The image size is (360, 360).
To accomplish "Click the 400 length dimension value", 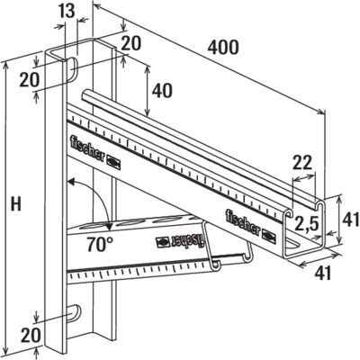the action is point(223,48).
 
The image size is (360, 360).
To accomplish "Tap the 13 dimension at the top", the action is point(66,10).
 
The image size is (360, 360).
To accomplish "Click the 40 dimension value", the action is point(162,91).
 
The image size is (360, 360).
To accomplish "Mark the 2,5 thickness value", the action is point(306,222).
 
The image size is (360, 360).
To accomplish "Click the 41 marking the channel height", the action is point(351,219).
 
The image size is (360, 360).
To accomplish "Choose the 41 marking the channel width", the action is point(322,273).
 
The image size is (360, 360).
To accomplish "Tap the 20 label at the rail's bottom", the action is point(30,335).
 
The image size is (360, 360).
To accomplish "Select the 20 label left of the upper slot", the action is point(30,80).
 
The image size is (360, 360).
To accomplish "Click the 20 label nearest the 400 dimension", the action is point(131,44).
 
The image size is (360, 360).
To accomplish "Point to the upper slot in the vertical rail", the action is point(72,68).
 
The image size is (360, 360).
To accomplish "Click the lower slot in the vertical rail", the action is point(74,314).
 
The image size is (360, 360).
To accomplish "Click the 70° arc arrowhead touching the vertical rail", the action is point(71,182).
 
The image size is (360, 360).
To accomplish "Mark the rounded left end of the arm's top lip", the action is point(85,95).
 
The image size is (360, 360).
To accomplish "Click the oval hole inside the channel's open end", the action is point(292,244).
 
